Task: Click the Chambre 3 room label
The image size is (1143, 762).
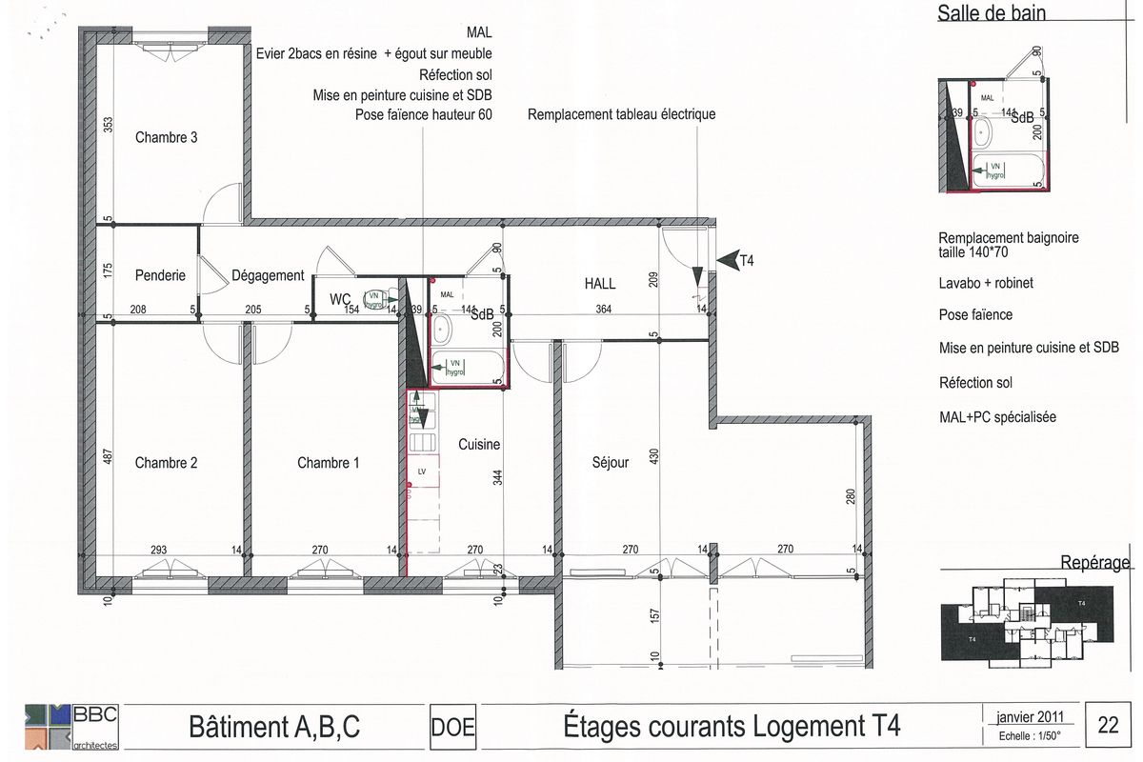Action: pyautogui.click(x=167, y=137)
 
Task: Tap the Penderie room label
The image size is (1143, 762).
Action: pyautogui.click(x=160, y=275)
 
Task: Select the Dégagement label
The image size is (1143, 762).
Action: pyautogui.click(x=268, y=275)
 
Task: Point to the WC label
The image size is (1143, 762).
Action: pyautogui.click(x=341, y=300)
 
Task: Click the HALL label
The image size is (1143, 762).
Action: pyautogui.click(x=599, y=283)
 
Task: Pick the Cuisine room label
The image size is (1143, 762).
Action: pyautogui.click(x=479, y=444)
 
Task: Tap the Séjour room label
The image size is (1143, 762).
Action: pyautogui.click(x=610, y=463)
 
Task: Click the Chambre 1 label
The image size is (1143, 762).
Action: pyautogui.click(x=329, y=463)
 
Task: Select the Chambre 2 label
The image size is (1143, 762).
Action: pyautogui.click(x=167, y=463)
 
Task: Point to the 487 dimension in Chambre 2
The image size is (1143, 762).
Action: pyautogui.click(x=108, y=459)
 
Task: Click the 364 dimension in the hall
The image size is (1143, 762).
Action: pyautogui.click(x=604, y=309)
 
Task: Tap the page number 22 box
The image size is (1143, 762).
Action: pyautogui.click(x=1109, y=726)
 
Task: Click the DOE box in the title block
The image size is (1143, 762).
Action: pyautogui.click(x=453, y=729)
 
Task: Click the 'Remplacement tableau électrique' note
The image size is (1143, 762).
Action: pyautogui.click(x=621, y=114)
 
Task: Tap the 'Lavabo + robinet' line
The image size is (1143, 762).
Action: pyautogui.click(x=986, y=284)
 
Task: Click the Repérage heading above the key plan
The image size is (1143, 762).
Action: pyautogui.click(x=1095, y=563)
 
